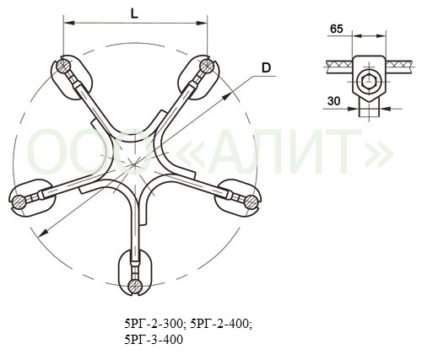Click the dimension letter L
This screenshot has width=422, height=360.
134,13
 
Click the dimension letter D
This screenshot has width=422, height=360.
266,67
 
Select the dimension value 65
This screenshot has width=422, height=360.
337,29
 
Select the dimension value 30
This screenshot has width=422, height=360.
334,101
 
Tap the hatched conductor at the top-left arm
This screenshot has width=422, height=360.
63,67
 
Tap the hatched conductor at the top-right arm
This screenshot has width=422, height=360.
207,67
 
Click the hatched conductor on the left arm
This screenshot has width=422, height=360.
19,201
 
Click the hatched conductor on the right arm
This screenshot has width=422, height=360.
251,202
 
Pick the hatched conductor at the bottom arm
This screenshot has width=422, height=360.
135,287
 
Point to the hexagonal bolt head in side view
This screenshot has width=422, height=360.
368,82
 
